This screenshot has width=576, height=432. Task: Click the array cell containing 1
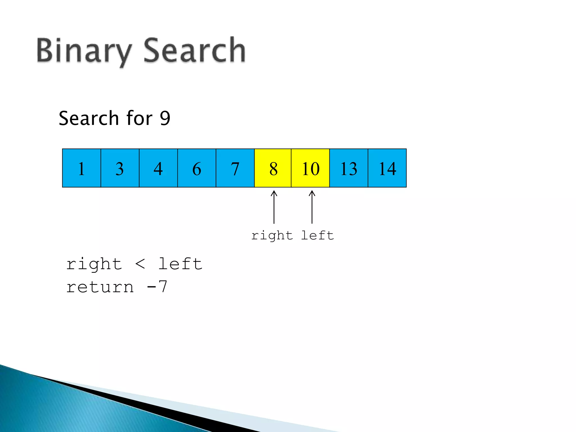click(81, 168)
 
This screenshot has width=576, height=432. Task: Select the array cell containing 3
click(120, 168)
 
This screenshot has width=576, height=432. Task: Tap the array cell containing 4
click(158, 168)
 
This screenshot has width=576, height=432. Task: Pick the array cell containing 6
click(197, 168)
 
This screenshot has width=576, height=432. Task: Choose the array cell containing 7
click(235, 168)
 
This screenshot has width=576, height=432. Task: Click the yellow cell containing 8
click(273, 168)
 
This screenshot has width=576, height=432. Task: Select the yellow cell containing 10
click(310, 168)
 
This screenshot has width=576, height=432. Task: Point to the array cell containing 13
click(349, 168)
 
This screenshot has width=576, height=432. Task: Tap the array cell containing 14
click(387, 168)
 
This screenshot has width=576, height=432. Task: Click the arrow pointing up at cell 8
click(274, 207)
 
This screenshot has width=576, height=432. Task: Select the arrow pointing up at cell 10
click(312, 207)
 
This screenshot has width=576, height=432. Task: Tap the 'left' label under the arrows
click(318, 235)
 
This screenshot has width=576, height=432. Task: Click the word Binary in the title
click(84, 51)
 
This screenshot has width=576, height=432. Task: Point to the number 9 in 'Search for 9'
click(165, 118)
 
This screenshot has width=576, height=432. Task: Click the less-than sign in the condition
click(140, 264)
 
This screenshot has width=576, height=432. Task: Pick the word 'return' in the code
click(100, 287)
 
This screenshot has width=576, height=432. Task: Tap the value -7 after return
click(157, 287)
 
